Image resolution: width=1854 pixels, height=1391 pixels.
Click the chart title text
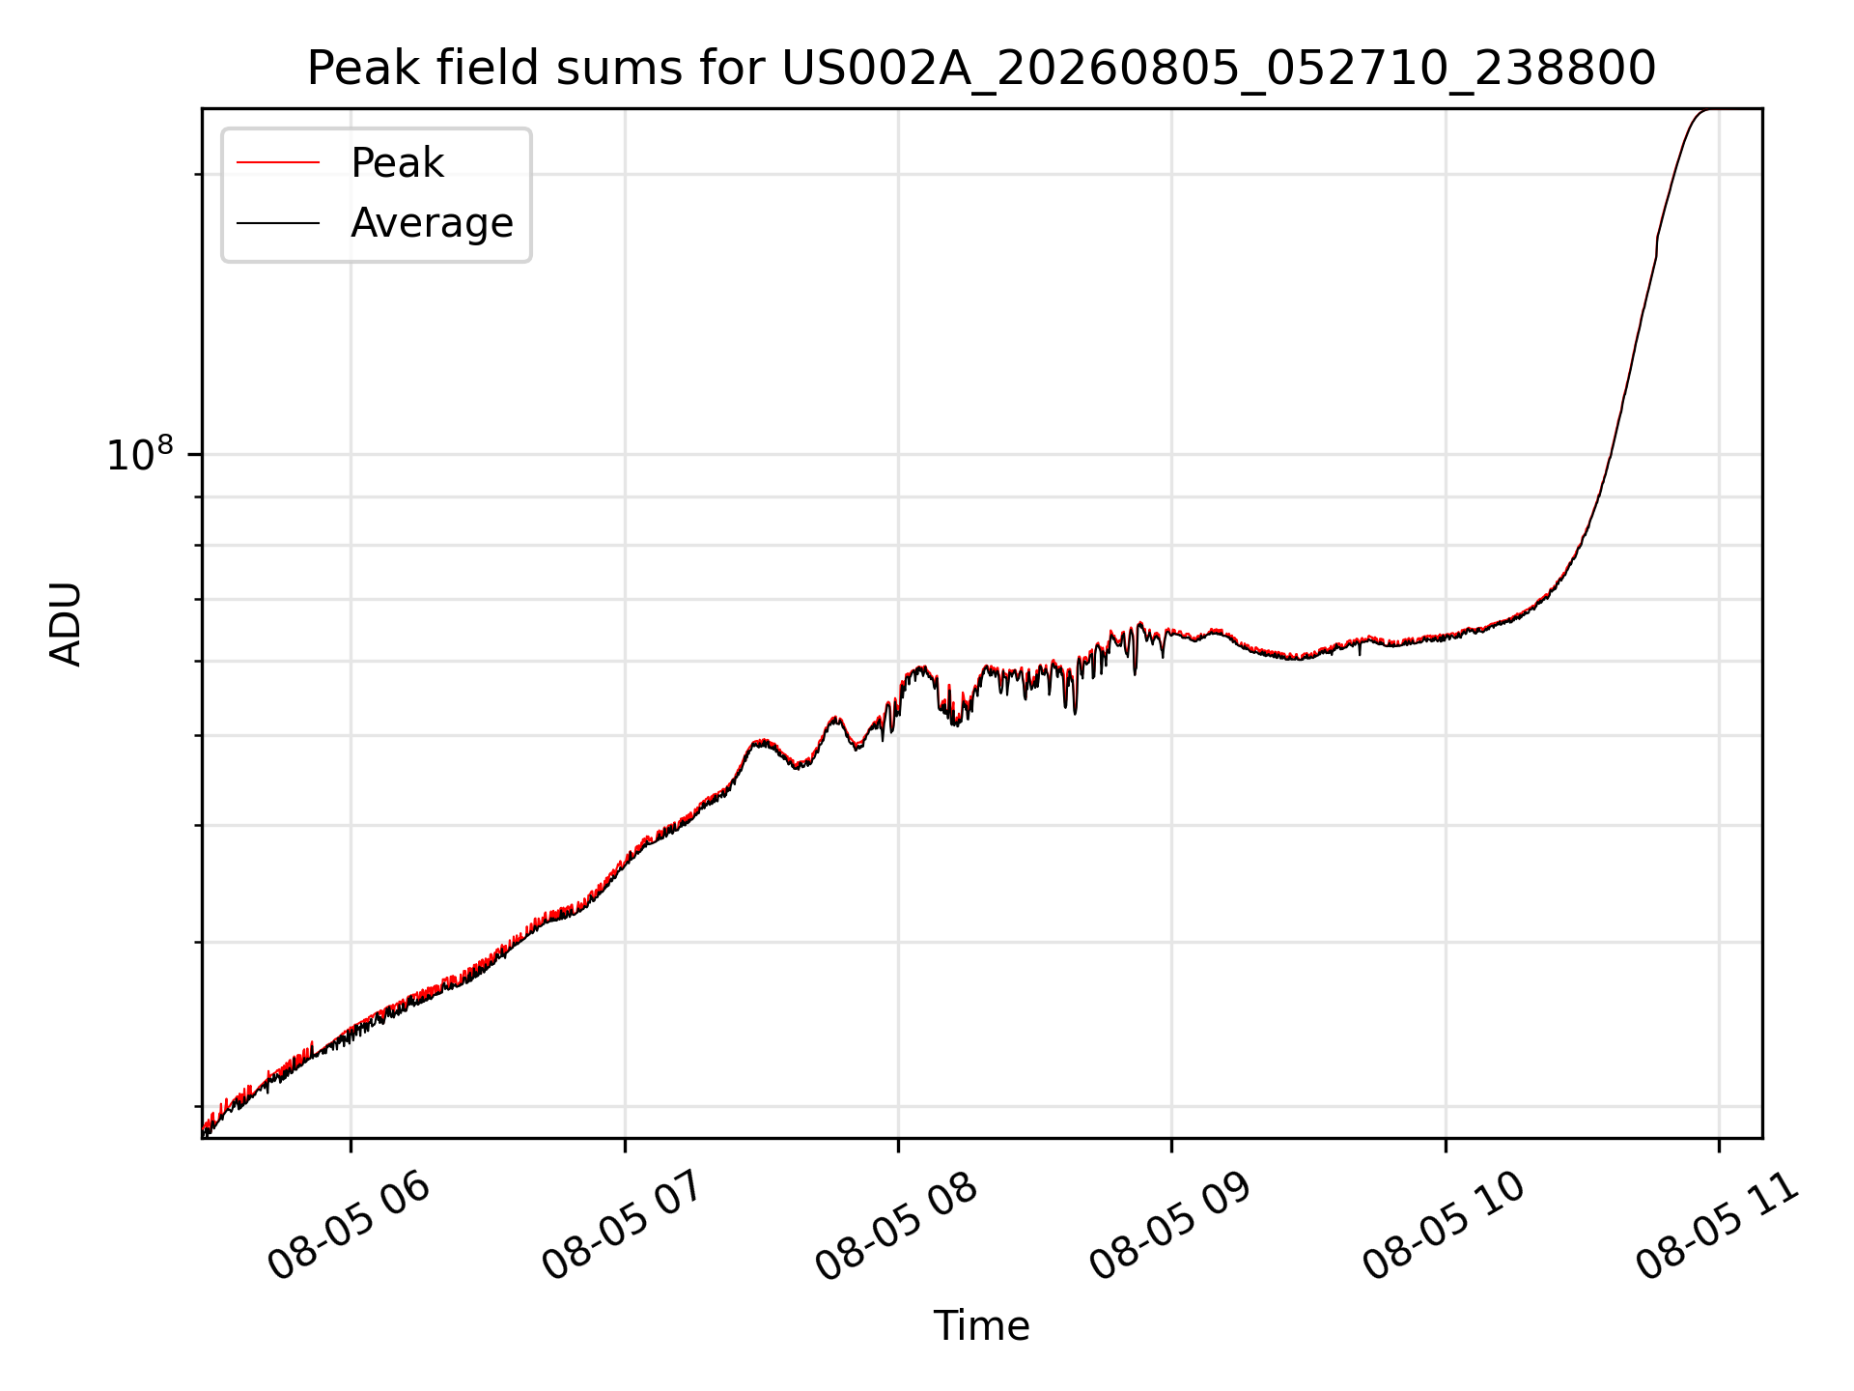point(981,69)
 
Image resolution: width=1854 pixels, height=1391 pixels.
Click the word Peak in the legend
point(397,163)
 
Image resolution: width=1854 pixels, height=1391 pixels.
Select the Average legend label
point(432,223)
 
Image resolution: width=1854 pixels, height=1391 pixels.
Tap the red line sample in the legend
point(278,163)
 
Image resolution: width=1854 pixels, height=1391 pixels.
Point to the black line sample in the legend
point(278,223)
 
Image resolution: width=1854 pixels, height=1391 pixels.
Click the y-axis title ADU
point(66,624)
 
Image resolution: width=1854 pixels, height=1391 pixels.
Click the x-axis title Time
point(981,1325)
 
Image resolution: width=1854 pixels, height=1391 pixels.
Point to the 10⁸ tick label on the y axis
point(140,454)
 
